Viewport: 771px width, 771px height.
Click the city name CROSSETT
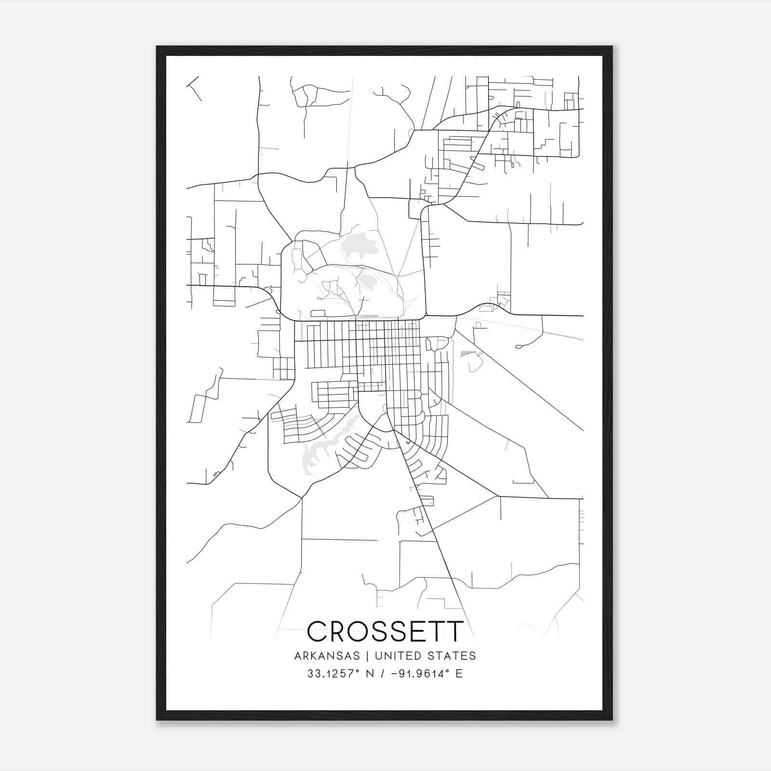385,632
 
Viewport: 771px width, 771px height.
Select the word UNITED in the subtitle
396,656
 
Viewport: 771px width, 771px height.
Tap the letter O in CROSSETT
361,632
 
